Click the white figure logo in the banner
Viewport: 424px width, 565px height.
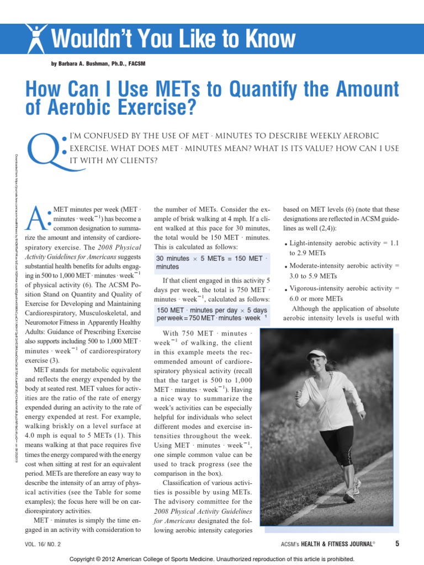pos(37,38)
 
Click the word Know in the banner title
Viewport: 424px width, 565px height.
pos(265,40)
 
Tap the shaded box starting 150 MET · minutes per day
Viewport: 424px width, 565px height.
pos(211,314)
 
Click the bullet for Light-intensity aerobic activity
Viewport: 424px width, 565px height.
pos(285,244)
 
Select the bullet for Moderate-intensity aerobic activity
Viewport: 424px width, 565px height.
pos(285,266)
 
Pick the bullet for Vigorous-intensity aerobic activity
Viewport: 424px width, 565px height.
pos(285,289)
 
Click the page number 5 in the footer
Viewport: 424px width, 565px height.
pos(397,544)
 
